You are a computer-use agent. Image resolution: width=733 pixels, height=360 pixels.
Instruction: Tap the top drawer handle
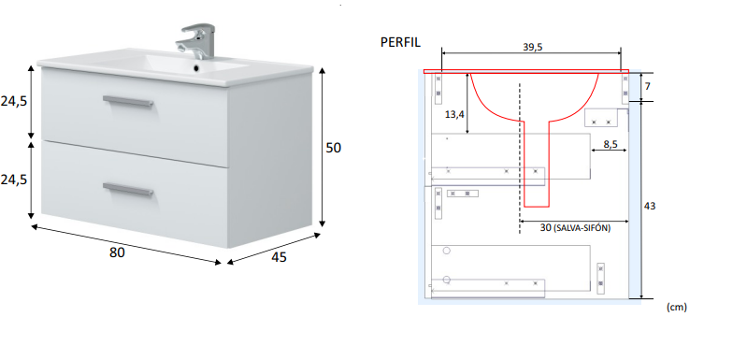pyautogui.click(x=128, y=101)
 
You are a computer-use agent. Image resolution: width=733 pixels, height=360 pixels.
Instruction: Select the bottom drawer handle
pyautogui.click(x=128, y=189)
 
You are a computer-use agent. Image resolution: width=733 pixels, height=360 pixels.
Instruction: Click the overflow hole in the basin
pyautogui.click(x=196, y=68)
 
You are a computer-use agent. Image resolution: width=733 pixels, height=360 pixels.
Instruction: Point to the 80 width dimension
pyautogui.click(x=117, y=252)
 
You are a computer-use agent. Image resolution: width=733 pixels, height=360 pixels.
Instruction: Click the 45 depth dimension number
pyautogui.click(x=279, y=257)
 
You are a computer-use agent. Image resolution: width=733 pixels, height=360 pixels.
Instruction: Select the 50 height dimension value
pyautogui.click(x=333, y=148)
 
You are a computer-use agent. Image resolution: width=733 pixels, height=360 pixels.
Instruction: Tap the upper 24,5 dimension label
pyautogui.click(x=13, y=101)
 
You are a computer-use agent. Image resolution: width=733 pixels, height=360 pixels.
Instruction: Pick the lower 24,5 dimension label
pyautogui.click(x=13, y=180)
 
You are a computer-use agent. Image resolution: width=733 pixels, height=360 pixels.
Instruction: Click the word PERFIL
pyautogui.click(x=400, y=42)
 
